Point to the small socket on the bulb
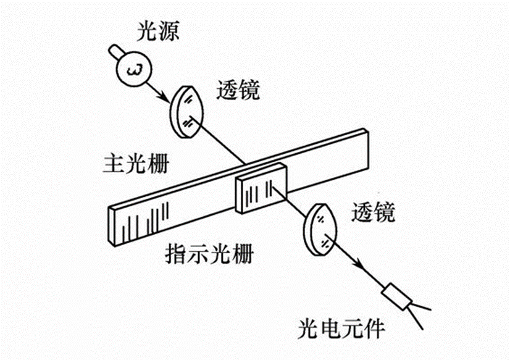click(114, 51)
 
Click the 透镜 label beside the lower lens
click(372, 213)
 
